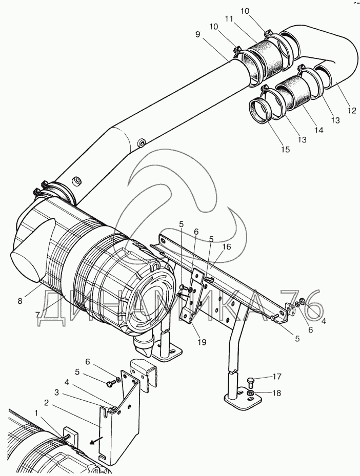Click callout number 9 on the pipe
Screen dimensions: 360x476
(x=198, y=35)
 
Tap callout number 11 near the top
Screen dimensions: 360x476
(x=229, y=19)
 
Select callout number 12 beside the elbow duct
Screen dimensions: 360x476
(x=352, y=111)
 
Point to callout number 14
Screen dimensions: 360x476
(x=319, y=130)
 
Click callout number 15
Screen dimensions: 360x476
(x=286, y=149)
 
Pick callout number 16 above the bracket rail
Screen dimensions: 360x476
(x=227, y=247)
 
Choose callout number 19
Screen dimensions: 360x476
(x=202, y=342)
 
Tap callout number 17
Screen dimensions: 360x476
(x=277, y=377)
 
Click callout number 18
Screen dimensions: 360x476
(x=277, y=393)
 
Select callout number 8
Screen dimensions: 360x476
(x=20, y=301)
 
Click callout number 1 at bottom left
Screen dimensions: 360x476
(x=36, y=413)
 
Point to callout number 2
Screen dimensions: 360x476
(x=46, y=403)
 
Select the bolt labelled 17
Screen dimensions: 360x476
(x=251, y=381)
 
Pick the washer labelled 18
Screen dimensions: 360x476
(x=251, y=394)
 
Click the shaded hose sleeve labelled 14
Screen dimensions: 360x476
(x=293, y=92)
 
